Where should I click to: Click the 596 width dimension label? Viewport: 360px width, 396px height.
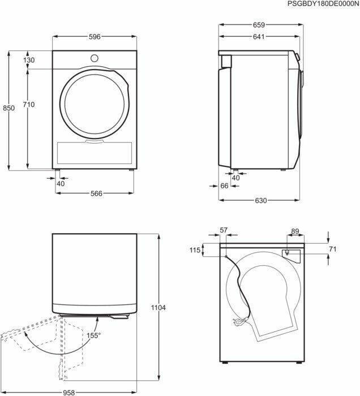pos(95,37)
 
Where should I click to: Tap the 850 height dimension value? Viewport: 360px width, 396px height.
pos(9,108)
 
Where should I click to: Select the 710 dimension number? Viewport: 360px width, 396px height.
pos(28,104)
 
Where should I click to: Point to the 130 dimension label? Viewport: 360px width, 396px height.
pos(29,60)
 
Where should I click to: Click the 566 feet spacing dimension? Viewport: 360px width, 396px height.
pos(96,193)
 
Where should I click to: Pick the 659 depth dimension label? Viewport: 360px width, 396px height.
pos(259,25)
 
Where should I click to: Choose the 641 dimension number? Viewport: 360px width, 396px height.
pos(259,37)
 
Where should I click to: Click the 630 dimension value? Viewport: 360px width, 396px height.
pos(261,200)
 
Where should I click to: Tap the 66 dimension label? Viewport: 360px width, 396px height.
pos(224,186)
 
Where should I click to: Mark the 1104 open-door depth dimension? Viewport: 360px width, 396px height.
pos(158,308)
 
